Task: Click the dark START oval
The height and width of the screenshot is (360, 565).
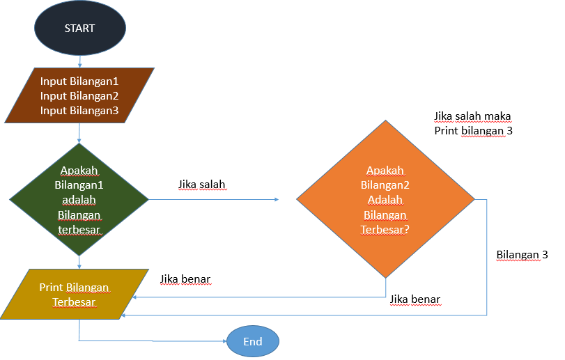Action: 80,29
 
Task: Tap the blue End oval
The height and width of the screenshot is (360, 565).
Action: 252,341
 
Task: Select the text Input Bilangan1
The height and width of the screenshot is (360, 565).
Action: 79,81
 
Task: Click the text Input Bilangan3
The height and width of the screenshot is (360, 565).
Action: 79,111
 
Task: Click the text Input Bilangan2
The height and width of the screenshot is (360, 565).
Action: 79,95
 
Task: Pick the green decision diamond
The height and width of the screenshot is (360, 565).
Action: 79,200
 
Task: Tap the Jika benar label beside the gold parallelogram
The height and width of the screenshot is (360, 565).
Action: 185,279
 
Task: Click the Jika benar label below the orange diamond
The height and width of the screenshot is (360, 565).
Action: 415,299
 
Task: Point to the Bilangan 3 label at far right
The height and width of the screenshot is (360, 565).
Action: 522,255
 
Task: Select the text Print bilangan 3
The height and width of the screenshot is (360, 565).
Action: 473,130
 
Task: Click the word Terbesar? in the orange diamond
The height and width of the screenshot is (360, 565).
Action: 385,229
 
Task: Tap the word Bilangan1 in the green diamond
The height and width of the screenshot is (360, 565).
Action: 79,185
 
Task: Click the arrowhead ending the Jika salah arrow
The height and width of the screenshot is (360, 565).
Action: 275,200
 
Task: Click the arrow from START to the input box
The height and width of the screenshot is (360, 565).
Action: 80,61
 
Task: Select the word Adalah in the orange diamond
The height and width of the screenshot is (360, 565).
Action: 385,200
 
